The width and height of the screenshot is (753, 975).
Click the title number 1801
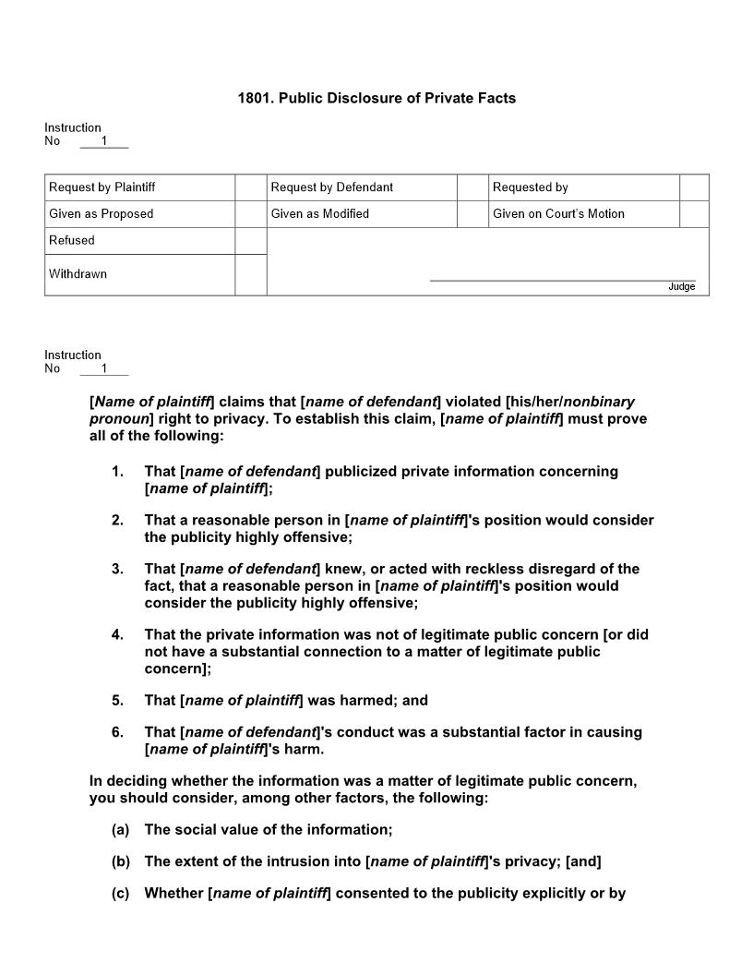point(256,98)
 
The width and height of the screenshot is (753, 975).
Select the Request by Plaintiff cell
point(139,187)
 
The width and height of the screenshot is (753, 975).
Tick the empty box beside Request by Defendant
point(472,187)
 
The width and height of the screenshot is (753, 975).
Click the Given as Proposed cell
point(139,214)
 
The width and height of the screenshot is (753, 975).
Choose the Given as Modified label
point(319,214)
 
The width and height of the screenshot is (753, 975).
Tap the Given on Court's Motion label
point(558,214)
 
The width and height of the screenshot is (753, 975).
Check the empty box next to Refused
point(250,240)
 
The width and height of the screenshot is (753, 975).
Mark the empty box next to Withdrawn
point(250,274)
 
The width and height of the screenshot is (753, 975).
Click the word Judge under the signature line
point(681,287)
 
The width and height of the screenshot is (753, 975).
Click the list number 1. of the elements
point(117,472)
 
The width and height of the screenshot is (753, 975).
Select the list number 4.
point(117,635)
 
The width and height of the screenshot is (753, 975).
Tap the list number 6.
point(117,732)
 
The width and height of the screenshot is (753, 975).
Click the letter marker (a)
point(120,830)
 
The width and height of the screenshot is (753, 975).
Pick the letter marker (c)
point(120,894)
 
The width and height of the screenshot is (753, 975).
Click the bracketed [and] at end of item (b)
point(583,862)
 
